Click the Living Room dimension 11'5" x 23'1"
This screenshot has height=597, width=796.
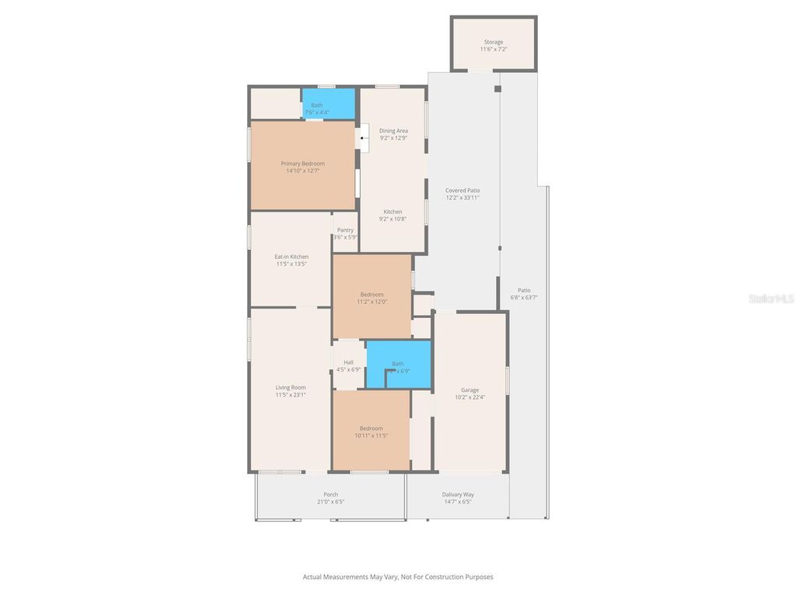pos(291,395)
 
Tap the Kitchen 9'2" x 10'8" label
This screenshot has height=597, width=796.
pos(393,215)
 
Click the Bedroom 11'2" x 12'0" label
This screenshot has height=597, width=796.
pos(372,298)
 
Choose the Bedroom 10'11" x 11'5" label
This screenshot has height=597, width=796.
pos(371,431)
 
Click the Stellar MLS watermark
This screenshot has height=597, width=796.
pos(771,298)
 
